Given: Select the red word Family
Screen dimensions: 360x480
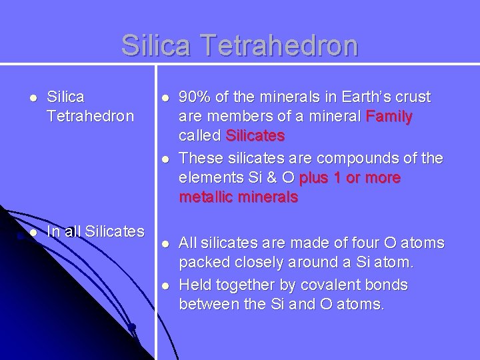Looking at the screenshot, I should [x=389, y=117].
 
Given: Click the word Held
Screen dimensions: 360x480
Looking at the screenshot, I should [x=195, y=285].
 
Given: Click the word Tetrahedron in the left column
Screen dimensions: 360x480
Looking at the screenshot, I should [x=90, y=117].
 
